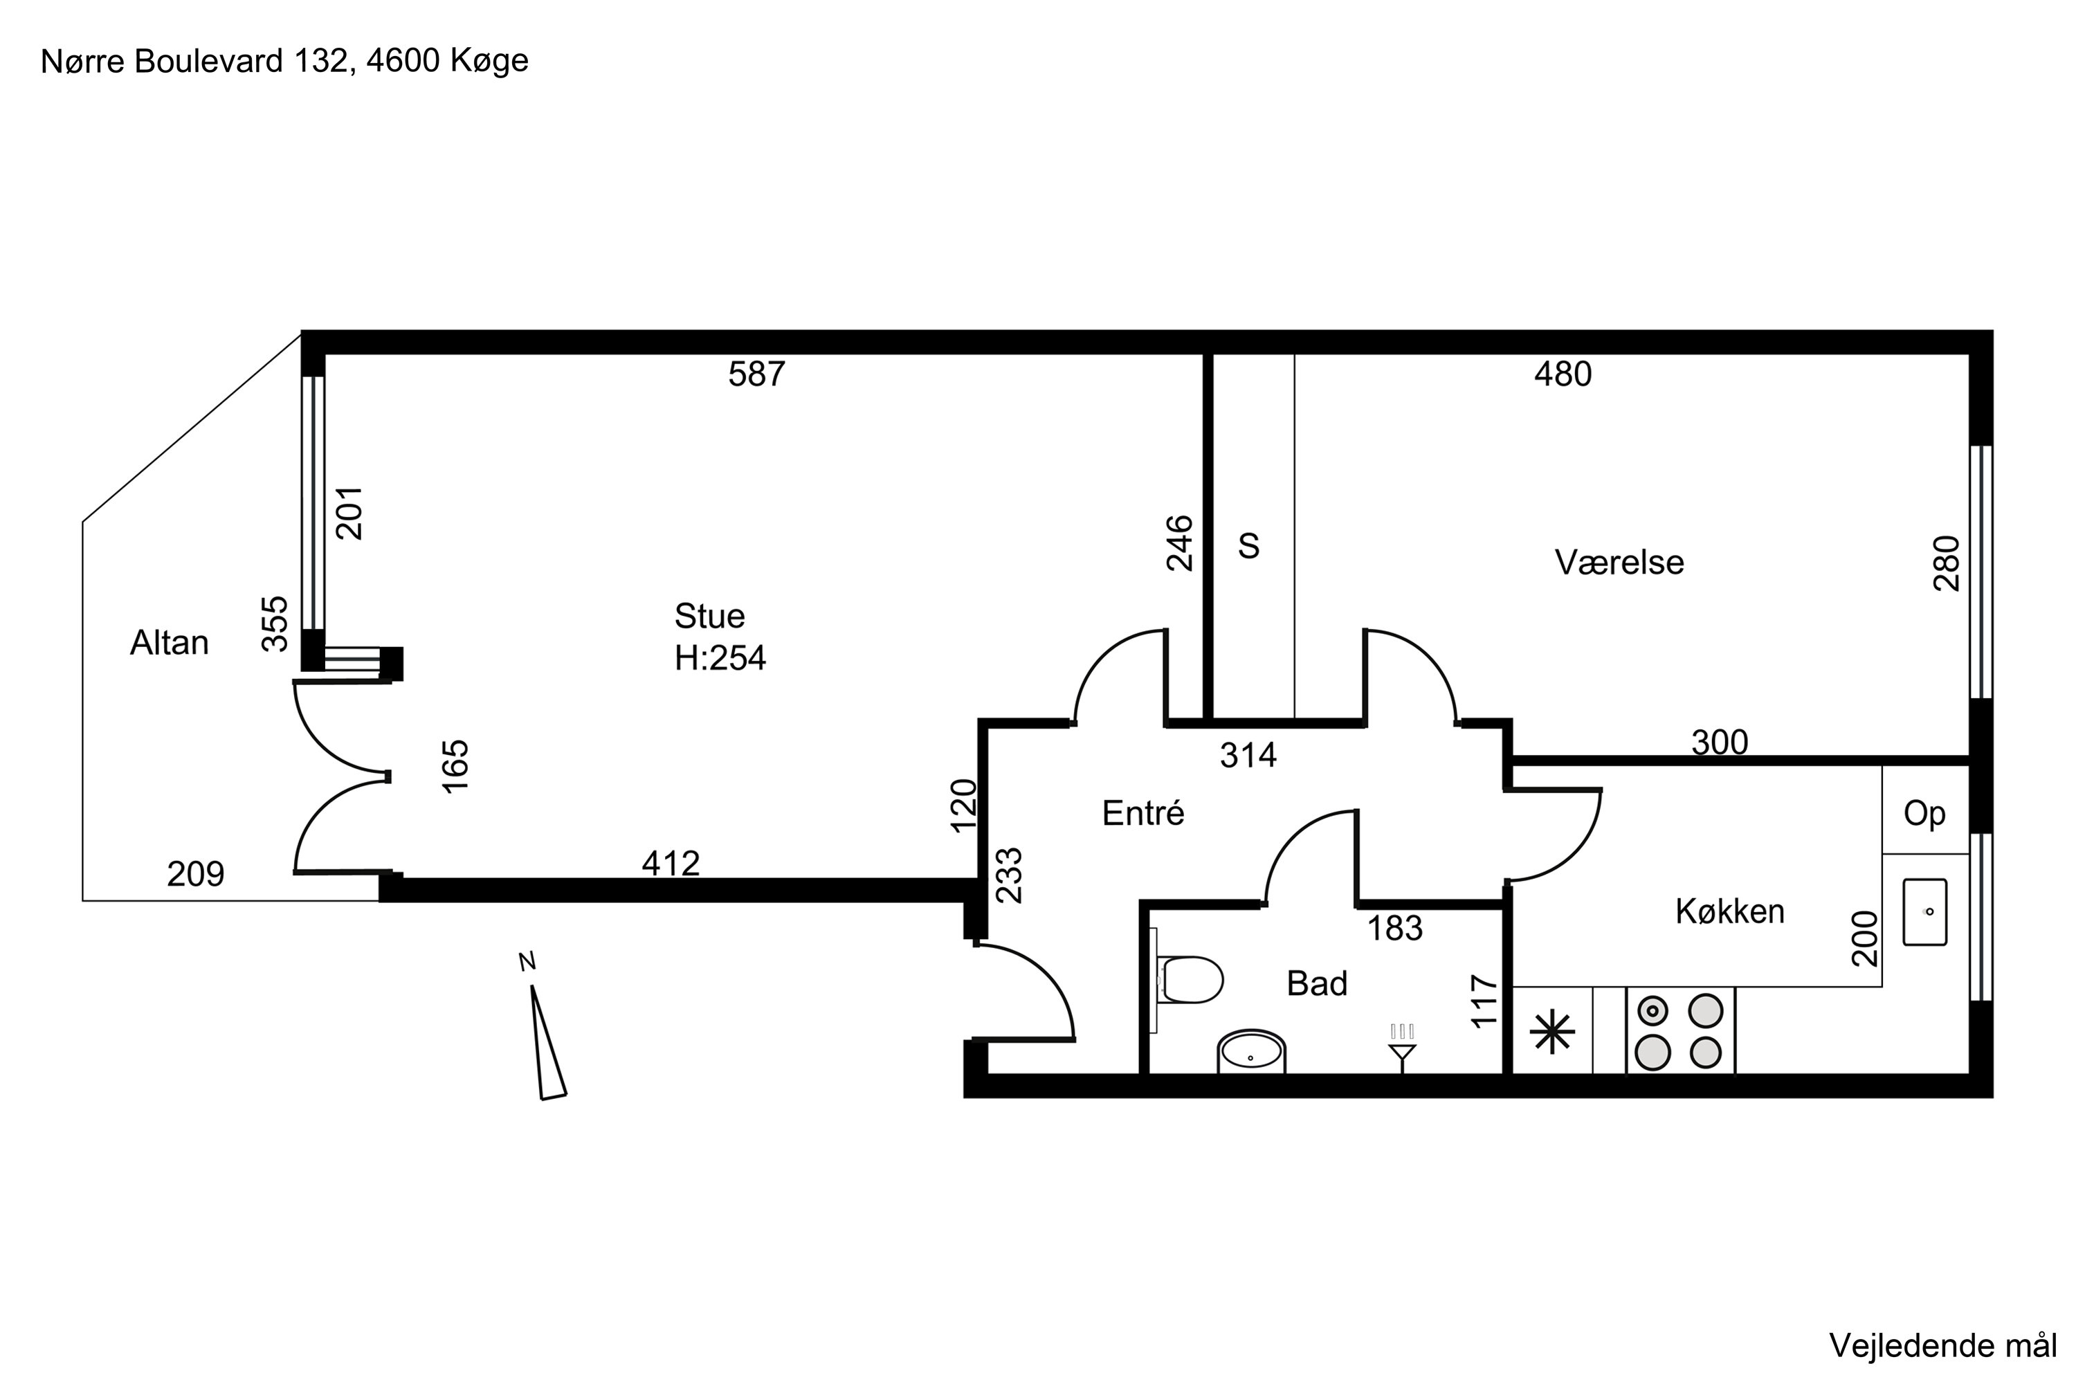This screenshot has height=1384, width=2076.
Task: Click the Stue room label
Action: click(x=710, y=615)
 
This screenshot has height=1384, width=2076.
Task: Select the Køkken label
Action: click(x=1730, y=911)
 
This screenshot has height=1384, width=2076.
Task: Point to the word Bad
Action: click(x=1317, y=983)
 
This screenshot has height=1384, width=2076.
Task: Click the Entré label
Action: click(x=1143, y=812)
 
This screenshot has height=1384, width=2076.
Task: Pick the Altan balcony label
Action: click(x=170, y=643)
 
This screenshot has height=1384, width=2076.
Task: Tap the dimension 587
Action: click(x=756, y=374)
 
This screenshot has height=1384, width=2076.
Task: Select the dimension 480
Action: click(x=1563, y=374)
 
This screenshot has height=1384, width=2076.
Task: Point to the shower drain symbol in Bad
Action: click(x=1403, y=1048)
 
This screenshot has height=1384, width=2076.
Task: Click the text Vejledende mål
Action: click(x=1942, y=1345)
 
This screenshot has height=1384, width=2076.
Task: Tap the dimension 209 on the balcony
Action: click(x=196, y=874)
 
